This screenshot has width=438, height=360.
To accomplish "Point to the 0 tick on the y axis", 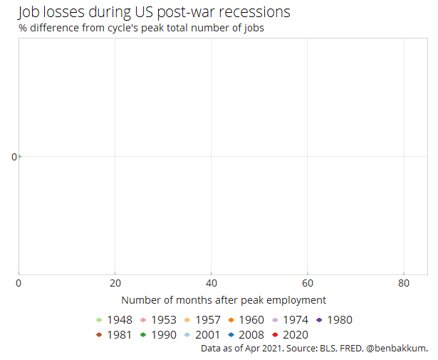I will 14,157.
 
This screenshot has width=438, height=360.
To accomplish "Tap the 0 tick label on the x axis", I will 19,283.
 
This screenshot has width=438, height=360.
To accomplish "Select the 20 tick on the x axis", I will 115,283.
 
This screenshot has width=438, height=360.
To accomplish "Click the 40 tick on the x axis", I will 211,283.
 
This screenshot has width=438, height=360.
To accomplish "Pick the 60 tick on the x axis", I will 307,283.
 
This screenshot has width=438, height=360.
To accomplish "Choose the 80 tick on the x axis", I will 403,283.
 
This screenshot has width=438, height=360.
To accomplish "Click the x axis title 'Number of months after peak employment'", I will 224,300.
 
